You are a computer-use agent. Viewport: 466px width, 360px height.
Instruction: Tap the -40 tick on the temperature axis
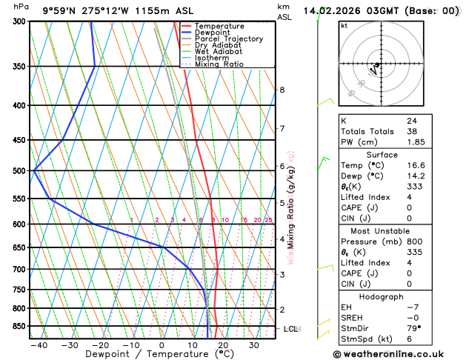point(39,345)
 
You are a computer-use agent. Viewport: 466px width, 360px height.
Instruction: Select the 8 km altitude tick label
point(282,90)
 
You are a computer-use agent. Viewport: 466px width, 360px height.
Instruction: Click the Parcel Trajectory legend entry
point(228,39)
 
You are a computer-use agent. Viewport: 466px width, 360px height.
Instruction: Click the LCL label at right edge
point(290,328)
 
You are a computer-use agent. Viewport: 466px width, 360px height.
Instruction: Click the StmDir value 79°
point(413,328)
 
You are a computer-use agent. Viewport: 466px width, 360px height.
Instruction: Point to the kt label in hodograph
point(344,26)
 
